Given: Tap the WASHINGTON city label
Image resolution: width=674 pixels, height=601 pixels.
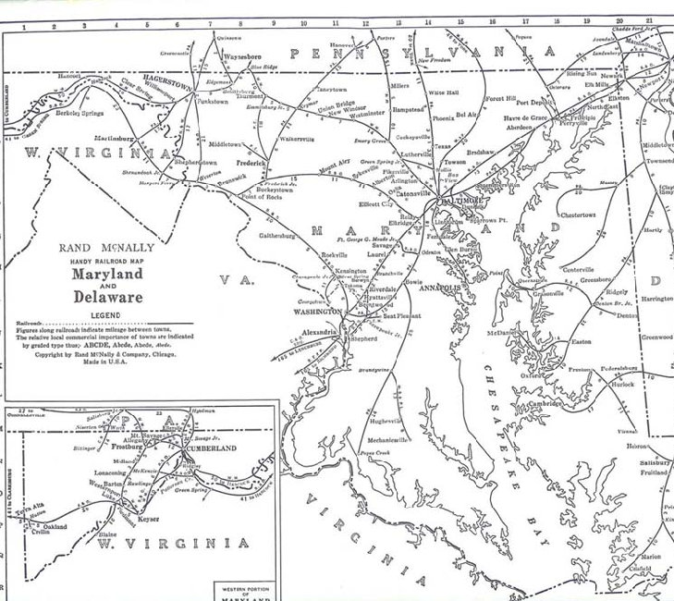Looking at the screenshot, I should coord(316,313).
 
